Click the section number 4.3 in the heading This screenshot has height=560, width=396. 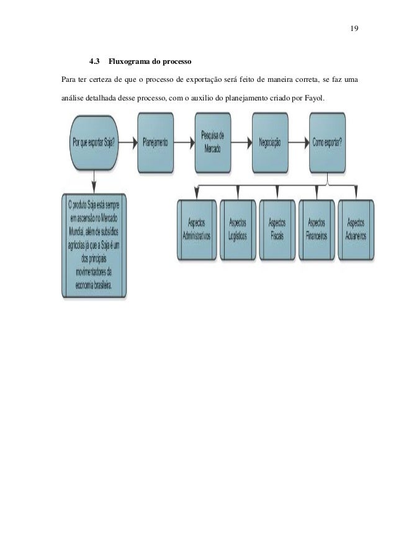click(x=96, y=63)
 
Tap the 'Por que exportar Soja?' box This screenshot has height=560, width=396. click(x=94, y=142)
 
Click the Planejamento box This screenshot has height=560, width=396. click(x=155, y=142)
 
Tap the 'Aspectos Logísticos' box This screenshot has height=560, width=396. click(x=237, y=230)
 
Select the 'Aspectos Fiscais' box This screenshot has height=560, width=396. click(x=277, y=230)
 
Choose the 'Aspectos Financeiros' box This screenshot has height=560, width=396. click(x=317, y=230)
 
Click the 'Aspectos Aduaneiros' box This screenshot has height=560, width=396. click(x=356, y=230)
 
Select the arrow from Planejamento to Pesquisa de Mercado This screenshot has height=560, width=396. click(x=186, y=142)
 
